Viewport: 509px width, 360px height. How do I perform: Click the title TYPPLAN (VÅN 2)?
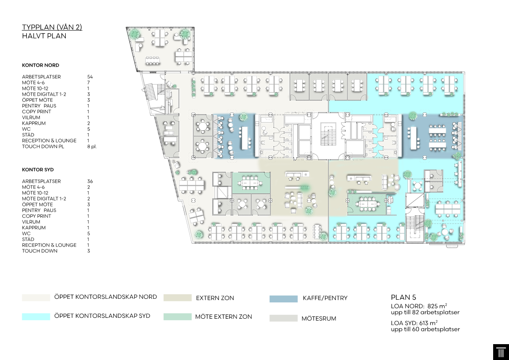(52, 27)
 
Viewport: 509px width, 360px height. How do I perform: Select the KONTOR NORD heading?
(41, 65)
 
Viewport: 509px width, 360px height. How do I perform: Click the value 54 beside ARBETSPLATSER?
(90, 77)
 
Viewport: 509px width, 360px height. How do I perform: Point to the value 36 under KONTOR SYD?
(90, 181)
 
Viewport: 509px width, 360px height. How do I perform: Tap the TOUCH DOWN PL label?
(43, 146)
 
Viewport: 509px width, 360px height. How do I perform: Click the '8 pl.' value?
(92, 147)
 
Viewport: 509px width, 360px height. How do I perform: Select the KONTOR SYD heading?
(38, 170)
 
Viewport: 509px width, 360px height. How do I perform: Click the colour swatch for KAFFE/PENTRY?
(283, 299)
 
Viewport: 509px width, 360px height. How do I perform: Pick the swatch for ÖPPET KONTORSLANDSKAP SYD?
(36, 316)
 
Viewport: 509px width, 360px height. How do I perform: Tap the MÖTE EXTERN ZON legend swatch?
(178, 316)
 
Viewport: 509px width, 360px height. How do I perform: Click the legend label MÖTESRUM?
(319, 318)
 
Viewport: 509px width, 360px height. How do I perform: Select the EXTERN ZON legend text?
(215, 298)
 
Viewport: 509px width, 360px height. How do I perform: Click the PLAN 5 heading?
(403, 297)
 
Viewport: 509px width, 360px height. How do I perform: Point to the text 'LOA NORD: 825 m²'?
(419, 306)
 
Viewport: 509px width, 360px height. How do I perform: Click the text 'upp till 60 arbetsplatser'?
(425, 329)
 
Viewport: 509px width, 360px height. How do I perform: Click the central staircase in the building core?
(328, 134)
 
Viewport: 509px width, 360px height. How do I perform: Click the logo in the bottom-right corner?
(501, 352)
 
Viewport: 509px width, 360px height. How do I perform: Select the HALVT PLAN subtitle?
(44, 36)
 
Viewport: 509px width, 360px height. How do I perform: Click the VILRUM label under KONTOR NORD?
(31, 117)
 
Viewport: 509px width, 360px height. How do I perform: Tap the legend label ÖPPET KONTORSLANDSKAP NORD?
(106, 297)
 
